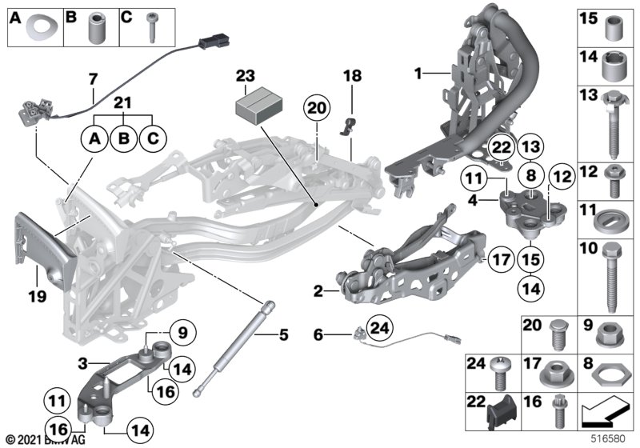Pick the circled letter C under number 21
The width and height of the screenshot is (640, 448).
(150, 139)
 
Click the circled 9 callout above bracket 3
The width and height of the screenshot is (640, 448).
(182, 330)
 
